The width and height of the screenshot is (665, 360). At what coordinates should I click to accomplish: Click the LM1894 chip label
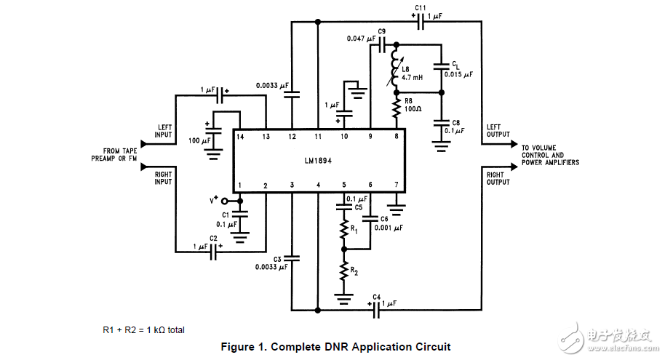pos(318,161)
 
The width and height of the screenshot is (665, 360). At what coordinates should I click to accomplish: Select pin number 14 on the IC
pos(239,136)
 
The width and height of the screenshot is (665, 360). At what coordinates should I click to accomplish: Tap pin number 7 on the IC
pos(396,185)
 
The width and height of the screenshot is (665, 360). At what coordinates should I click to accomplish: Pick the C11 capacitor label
pos(420,7)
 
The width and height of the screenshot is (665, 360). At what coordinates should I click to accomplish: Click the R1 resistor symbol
pos(343,231)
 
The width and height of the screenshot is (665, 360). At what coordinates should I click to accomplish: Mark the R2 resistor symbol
pos(343,272)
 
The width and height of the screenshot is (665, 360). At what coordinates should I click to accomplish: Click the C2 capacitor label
pos(214,239)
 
